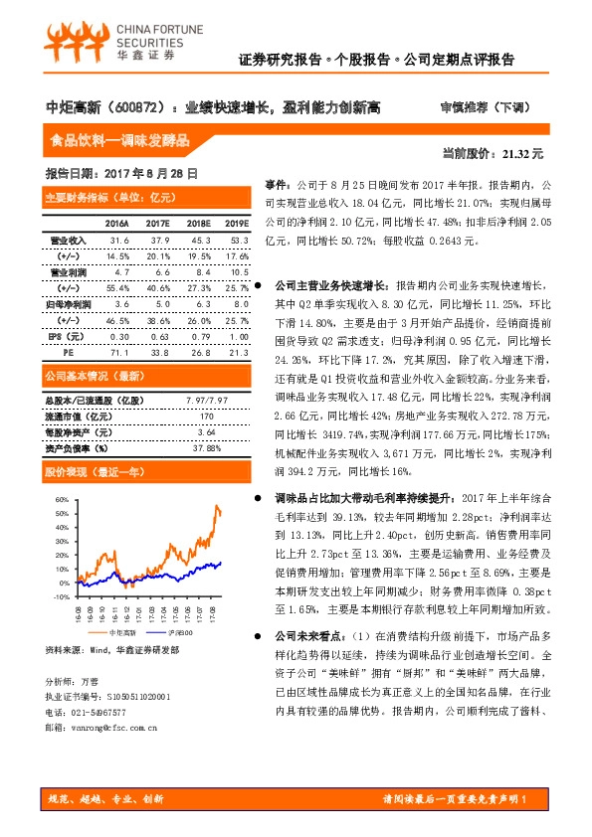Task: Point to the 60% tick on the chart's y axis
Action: click(x=62, y=500)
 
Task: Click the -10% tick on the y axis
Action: click(x=61, y=596)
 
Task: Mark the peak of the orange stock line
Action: click(x=217, y=506)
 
